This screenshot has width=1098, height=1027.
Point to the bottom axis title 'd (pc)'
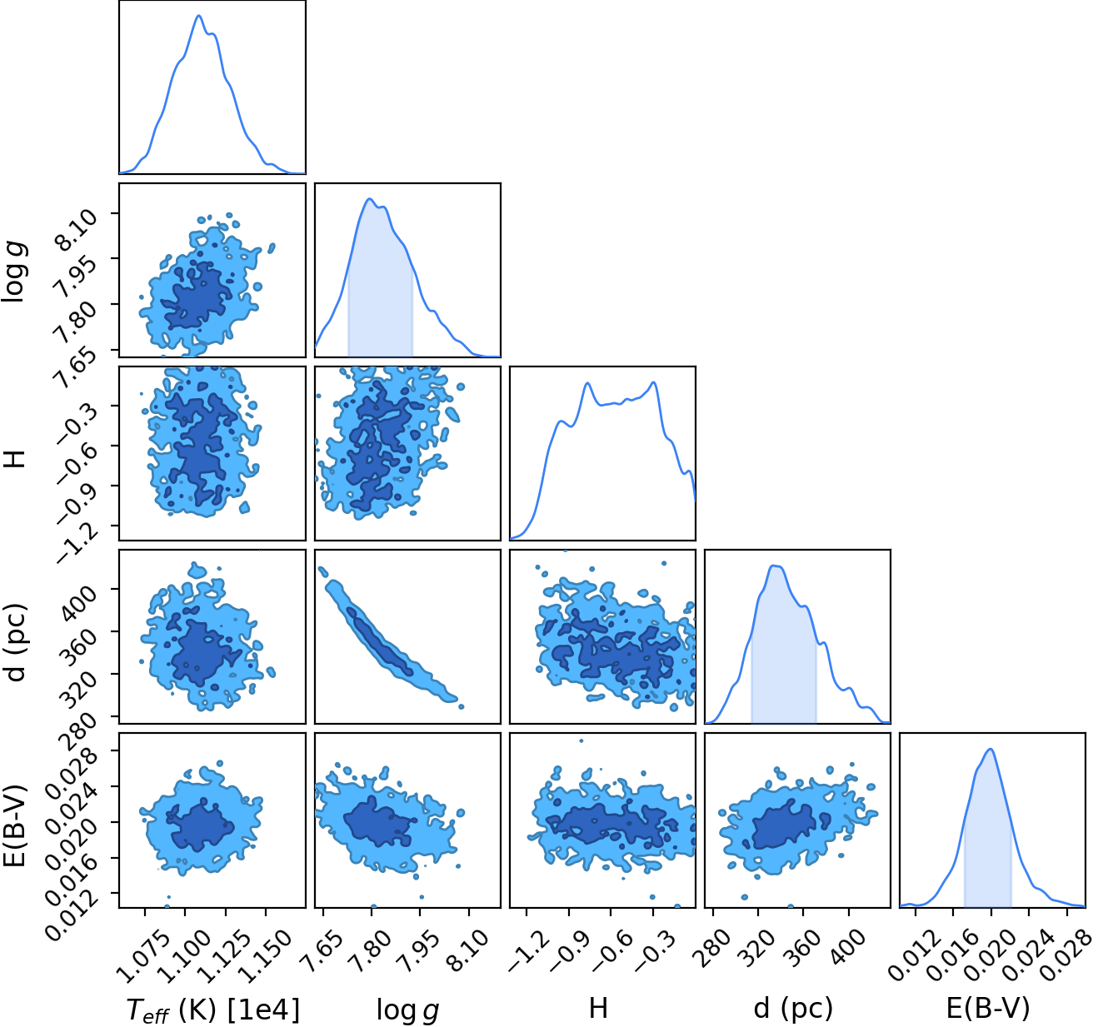(x=793, y=1008)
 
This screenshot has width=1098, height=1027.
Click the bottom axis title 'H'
(x=598, y=1008)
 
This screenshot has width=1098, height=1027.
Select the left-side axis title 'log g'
(x=15, y=272)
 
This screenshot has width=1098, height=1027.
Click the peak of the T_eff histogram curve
(x=199, y=16)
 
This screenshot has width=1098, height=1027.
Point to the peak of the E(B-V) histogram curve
(x=991, y=749)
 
